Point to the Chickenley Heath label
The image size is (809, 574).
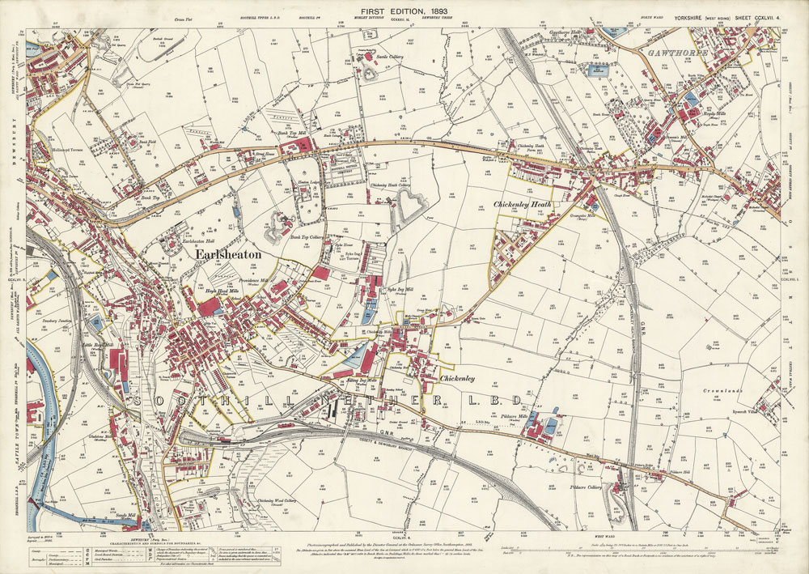point(523,206)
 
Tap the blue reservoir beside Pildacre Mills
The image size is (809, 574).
point(553,423)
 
